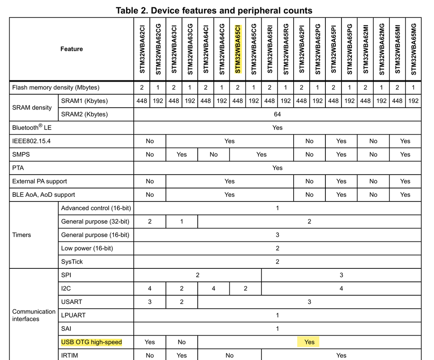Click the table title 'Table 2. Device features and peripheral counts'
tap(214, 10)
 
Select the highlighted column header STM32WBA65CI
tap(237, 48)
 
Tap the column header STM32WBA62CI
tap(142, 49)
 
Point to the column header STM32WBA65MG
tap(413, 49)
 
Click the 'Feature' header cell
tap(71, 49)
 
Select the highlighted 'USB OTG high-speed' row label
tap(92, 342)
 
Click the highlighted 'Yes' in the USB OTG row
tap(309, 342)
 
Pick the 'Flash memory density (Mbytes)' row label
tap(56, 88)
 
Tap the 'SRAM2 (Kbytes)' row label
tap(84, 114)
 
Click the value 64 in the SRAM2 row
tap(277, 114)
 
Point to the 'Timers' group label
tap(22, 235)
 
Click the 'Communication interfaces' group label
tap(34, 315)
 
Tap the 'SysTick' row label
tap(72, 262)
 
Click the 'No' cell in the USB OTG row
tap(182, 342)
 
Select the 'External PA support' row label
tap(40, 181)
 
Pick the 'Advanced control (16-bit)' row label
tap(96, 208)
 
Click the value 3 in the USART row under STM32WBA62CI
tap(150, 302)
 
